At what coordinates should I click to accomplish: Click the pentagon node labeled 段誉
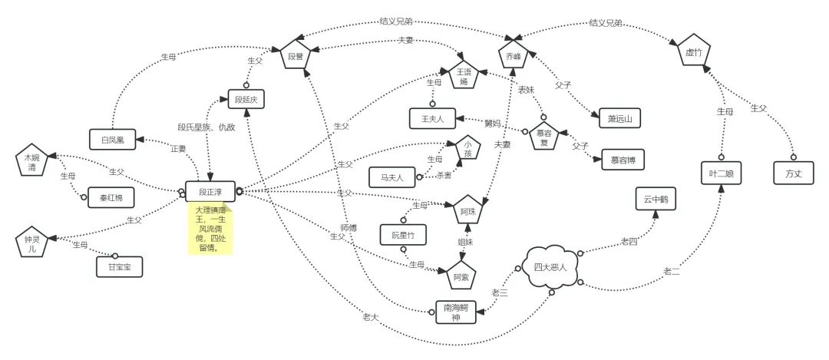coord(296,54)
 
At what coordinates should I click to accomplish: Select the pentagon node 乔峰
coord(514,54)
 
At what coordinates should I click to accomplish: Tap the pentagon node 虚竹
coord(694,51)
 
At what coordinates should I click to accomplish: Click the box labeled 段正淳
coord(210,191)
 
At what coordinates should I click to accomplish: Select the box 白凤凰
coord(112,138)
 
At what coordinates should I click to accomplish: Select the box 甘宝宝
coord(119,266)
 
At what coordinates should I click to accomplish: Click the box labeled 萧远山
coord(619,117)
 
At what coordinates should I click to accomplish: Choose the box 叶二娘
coord(722,173)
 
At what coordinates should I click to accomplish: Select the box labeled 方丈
coord(793,173)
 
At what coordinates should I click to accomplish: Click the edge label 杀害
coord(443,173)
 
